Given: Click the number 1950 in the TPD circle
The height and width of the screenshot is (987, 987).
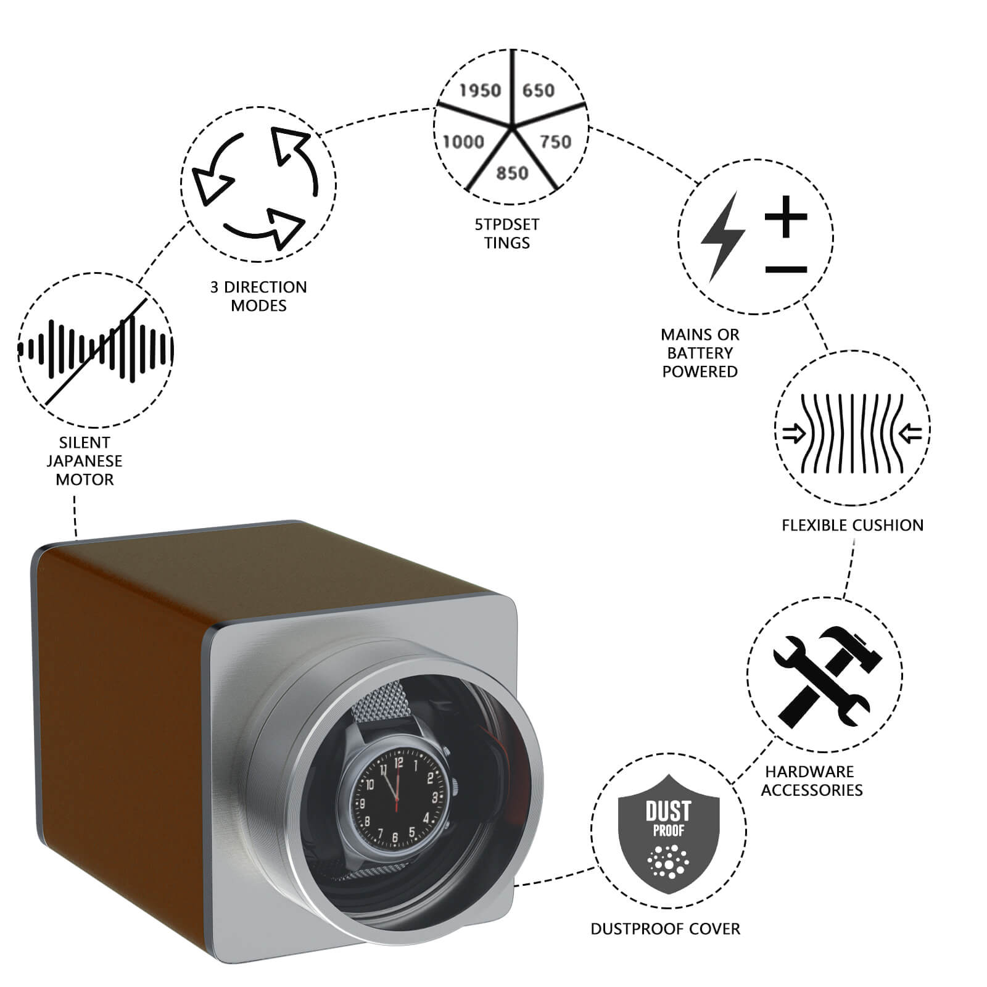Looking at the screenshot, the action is pos(481,91).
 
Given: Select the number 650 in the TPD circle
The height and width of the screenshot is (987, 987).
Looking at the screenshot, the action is pos(539,91).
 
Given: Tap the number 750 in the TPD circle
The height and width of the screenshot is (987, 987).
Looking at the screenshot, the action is pos(556,142).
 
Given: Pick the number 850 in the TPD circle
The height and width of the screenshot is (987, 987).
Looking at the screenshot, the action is pos(513,173).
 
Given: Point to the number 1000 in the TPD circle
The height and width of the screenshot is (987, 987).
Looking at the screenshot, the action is pos(463,142).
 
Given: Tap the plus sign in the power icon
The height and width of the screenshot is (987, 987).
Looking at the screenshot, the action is pos(786,217).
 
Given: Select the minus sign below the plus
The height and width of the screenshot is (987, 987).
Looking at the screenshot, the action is pos(786,270).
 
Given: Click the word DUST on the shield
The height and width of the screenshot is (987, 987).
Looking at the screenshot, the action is pos(669,811).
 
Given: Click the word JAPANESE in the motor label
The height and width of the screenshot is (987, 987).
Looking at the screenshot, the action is pos(85,461).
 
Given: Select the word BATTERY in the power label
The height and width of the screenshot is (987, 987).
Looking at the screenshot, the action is pos(700,353).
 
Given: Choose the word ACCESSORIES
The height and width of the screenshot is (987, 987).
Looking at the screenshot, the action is pos(812,790).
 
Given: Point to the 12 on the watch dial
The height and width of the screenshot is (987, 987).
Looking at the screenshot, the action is pos(399,763).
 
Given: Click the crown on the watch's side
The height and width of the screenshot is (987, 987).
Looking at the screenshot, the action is pos(455,787).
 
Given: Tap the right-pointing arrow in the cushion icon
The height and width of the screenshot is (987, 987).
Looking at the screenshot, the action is pos(794,434).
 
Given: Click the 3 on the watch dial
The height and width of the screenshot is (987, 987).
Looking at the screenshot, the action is pos(434,798).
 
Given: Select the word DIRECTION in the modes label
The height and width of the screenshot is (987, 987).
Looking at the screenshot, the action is pos(265,287).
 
